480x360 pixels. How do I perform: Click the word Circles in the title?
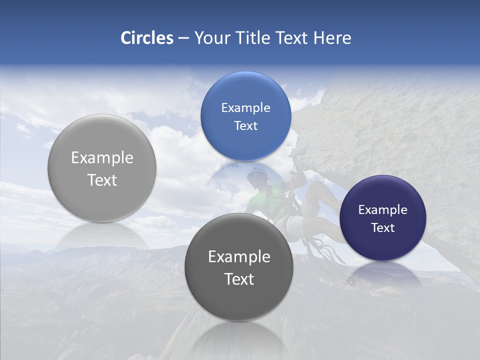(146, 38)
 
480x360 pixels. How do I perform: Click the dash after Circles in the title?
(183, 38)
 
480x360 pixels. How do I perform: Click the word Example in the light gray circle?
(102, 158)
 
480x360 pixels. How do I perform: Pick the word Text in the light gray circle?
(102, 180)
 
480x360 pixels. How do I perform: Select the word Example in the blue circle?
(245, 108)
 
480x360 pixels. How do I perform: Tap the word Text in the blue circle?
(245, 125)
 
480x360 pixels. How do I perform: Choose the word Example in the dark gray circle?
(239, 257)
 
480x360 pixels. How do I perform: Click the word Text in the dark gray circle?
(239, 279)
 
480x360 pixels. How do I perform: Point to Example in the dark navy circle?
(382, 210)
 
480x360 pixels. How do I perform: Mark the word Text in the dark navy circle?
(382, 228)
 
